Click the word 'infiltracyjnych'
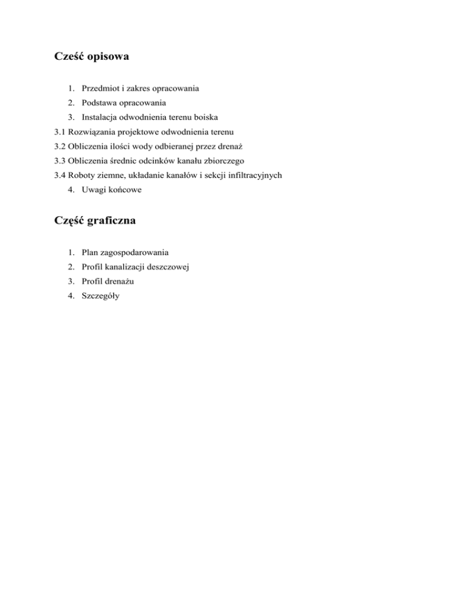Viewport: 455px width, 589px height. click(x=254, y=175)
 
